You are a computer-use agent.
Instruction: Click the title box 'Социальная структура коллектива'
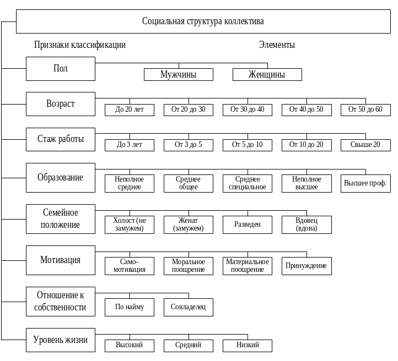pos(203,21)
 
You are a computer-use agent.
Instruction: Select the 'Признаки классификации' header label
pos(80,45)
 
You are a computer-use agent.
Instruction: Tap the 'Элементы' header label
pos(277,45)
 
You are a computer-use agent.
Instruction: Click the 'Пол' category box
pos(61,69)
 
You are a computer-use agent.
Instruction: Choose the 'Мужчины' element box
pos(179,74)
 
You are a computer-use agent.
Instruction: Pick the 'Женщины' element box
pos(267,74)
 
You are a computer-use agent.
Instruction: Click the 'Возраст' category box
pos(61,104)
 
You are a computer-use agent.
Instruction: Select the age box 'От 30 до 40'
pos(248,110)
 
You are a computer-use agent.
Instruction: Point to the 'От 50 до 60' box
pos(365,110)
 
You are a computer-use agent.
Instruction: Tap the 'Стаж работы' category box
pos(61,139)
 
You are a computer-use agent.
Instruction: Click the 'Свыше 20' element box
pos(365,145)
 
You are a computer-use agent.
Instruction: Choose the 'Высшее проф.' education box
pos(365,183)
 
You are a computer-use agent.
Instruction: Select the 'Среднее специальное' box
pos(248,183)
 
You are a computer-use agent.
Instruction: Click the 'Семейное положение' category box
pos(61,218)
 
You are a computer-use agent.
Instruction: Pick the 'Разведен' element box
pos(248,225)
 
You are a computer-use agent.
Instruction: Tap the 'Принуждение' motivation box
pos(306,266)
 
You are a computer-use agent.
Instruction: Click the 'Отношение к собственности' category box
pos(61,302)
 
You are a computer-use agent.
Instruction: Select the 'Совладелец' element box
pos(189,307)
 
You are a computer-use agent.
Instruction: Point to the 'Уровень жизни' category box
pos(61,340)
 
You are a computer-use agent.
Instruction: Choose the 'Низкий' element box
pos(248,346)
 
